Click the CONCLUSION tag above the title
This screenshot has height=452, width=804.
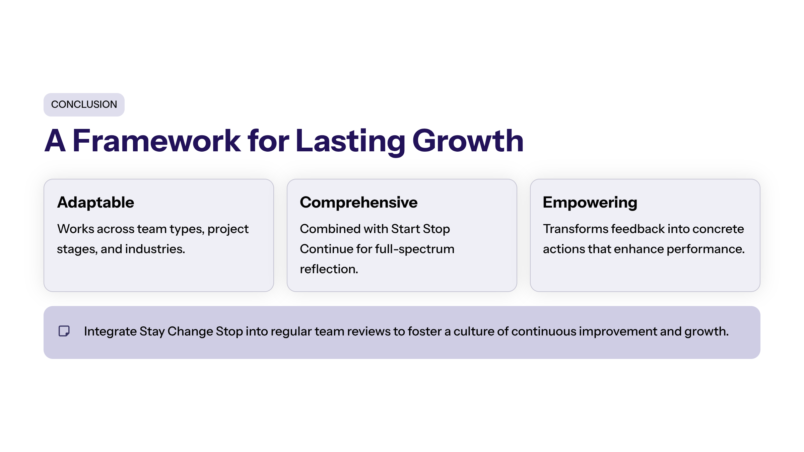(84, 104)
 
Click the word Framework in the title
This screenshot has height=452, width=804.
(156, 141)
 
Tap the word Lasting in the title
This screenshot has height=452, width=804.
(350, 141)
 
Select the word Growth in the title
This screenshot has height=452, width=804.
(468, 141)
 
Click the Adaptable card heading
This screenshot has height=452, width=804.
(95, 202)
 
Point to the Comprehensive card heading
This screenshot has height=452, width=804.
(359, 202)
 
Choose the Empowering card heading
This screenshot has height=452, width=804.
(590, 202)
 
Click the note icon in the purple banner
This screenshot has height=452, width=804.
(64, 331)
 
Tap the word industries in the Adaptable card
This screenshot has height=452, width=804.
(155, 249)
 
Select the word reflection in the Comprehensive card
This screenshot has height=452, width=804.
(329, 269)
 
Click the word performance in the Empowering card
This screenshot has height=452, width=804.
(706, 249)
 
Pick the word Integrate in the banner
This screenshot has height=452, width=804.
(110, 331)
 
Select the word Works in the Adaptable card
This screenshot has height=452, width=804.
(76, 229)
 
